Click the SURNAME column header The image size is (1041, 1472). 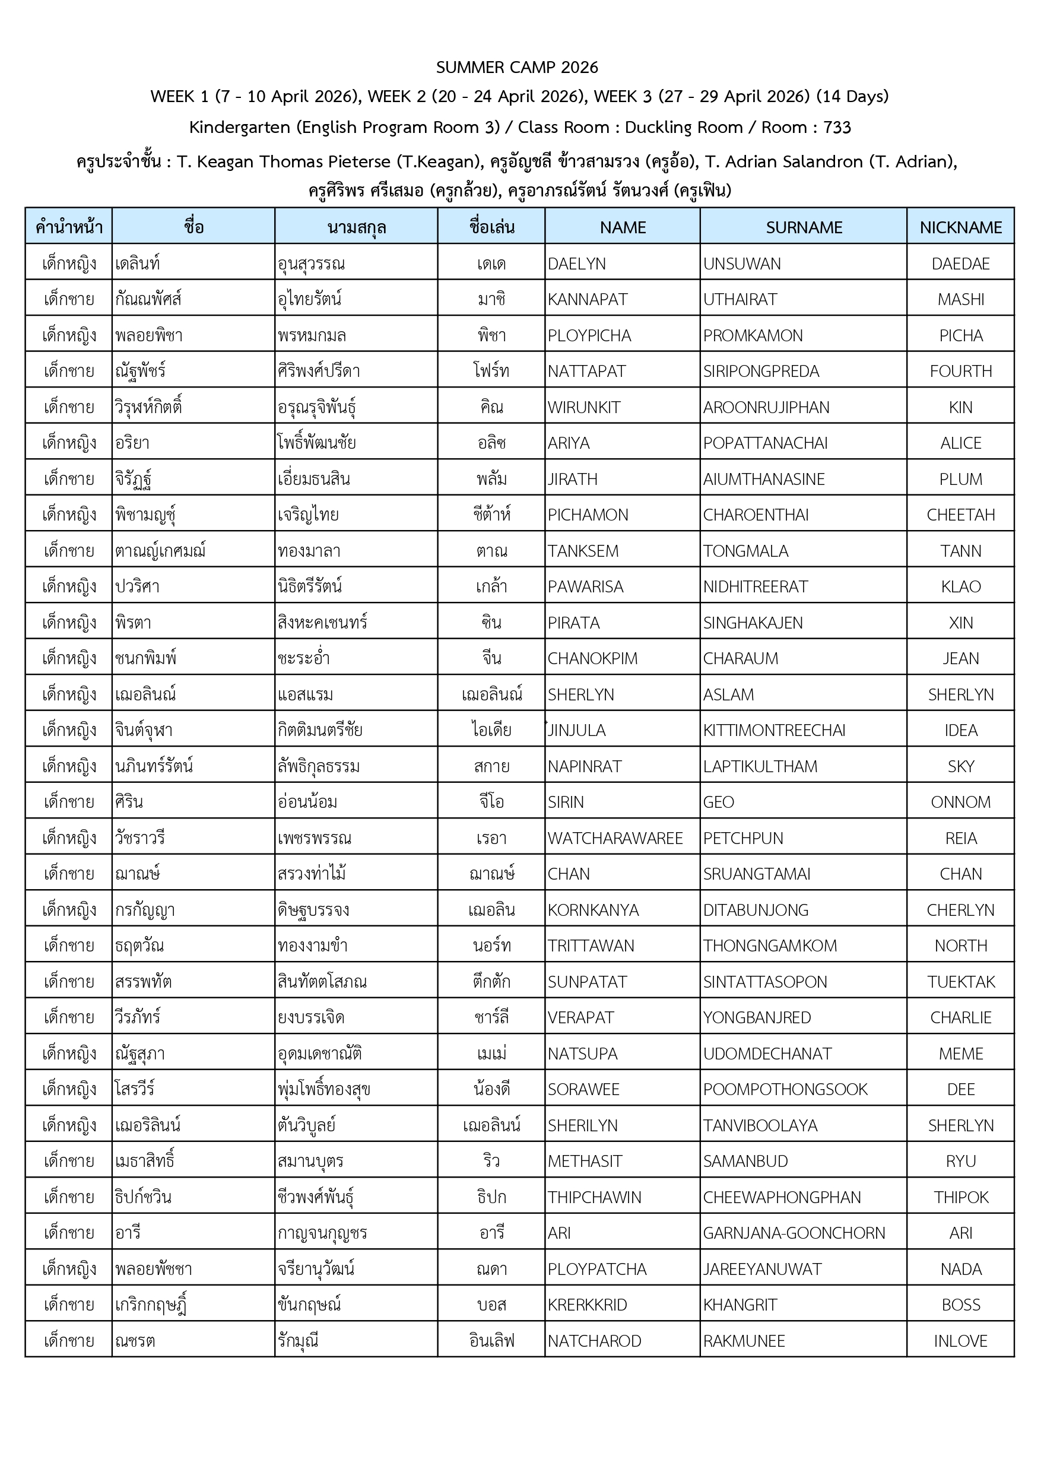(x=803, y=227)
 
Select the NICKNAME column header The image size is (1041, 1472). (x=960, y=227)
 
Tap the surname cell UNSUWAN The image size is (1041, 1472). (x=742, y=264)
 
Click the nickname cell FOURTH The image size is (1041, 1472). (x=960, y=371)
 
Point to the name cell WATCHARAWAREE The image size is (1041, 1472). (x=615, y=838)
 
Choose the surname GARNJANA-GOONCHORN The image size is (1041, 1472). (x=794, y=1233)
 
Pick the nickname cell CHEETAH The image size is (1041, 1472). (x=960, y=515)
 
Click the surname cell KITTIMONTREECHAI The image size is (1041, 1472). (x=774, y=730)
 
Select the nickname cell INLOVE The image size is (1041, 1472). (x=960, y=1341)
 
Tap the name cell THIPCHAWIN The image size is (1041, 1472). (x=594, y=1197)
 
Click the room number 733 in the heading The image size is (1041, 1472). (x=836, y=127)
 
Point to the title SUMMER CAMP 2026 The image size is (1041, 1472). (x=517, y=67)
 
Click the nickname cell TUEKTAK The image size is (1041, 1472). (x=960, y=982)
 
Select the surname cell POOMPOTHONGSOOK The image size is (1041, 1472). (x=785, y=1089)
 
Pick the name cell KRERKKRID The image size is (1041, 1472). (x=587, y=1305)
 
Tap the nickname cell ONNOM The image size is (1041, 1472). (x=960, y=802)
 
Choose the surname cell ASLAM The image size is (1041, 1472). (x=728, y=694)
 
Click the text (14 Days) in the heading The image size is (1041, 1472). (x=852, y=96)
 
